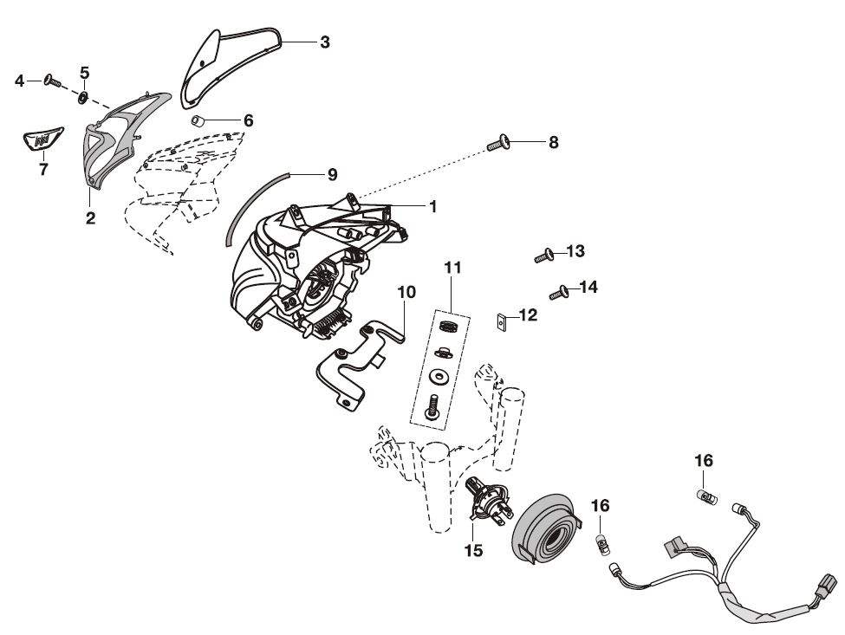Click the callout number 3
click(x=324, y=42)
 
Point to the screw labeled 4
click(x=51, y=81)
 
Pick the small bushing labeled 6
click(x=198, y=120)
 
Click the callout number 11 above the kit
click(x=453, y=268)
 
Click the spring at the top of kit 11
click(x=448, y=327)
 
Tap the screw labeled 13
click(x=543, y=255)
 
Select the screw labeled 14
click(x=559, y=292)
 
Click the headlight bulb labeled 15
click(x=487, y=503)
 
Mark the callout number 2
click(x=90, y=218)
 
